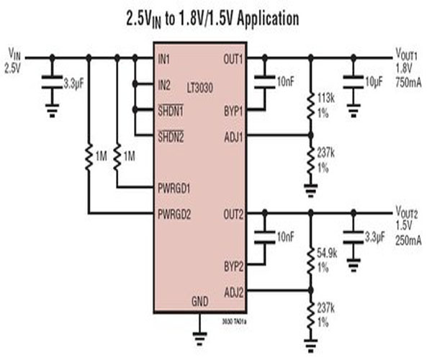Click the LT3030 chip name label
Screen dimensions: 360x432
click(203, 86)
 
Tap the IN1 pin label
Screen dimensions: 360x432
click(166, 58)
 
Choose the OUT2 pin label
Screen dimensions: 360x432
click(234, 213)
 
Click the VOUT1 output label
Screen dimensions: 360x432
click(408, 53)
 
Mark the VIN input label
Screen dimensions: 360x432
click(15, 53)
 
